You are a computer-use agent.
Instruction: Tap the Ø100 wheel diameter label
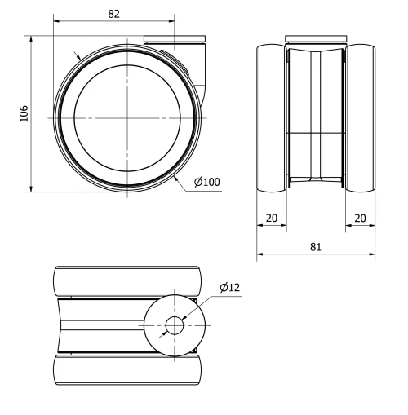[x=207, y=181]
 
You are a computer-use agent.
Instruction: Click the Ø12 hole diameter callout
[x=229, y=287]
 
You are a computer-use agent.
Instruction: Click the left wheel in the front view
[x=272, y=118]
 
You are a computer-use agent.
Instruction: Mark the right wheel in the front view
[x=360, y=118]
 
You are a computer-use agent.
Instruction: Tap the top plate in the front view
[x=316, y=38]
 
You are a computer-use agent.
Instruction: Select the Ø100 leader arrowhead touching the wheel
[x=175, y=174]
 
